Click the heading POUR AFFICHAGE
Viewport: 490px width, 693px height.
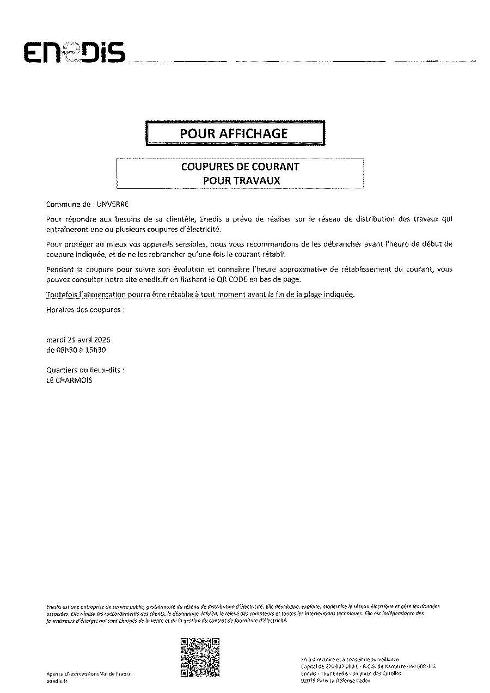click(x=234, y=133)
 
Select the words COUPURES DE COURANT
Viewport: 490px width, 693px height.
click(x=240, y=167)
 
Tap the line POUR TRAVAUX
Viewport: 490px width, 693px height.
click(x=241, y=181)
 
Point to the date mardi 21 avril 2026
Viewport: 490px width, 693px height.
click(x=78, y=340)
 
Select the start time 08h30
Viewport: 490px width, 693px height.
click(x=66, y=350)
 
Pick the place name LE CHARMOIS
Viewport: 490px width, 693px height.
click(x=70, y=381)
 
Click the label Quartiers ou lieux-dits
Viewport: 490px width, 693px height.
click(x=85, y=370)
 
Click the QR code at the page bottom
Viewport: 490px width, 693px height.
click(x=200, y=657)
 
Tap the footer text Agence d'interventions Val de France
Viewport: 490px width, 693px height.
click(x=89, y=674)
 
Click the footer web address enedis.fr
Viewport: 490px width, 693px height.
click(x=56, y=681)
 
